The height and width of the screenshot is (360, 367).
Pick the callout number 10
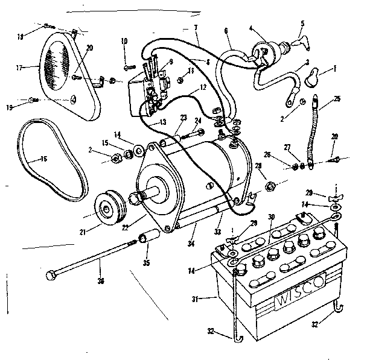point(125,41)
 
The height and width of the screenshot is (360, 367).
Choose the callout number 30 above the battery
point(272,216)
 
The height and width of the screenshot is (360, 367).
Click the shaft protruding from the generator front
point(152,194)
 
